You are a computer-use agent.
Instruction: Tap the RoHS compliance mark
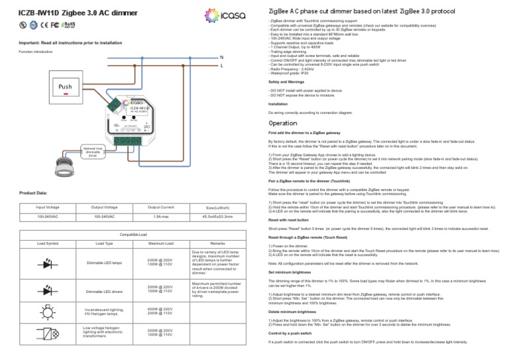[x=68, y=26]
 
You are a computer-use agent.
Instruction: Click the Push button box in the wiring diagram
[x=65, y=88]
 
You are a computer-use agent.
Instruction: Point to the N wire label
[x=221, y=58]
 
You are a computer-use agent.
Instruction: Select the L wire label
[x=221, y=67]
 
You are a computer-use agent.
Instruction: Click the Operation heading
[x=284, y=123]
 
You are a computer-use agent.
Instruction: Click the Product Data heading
[x=33, y=193]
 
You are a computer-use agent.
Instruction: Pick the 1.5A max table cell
[x=160, y=216]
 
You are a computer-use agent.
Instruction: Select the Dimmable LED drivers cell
[x=105, y=291]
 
